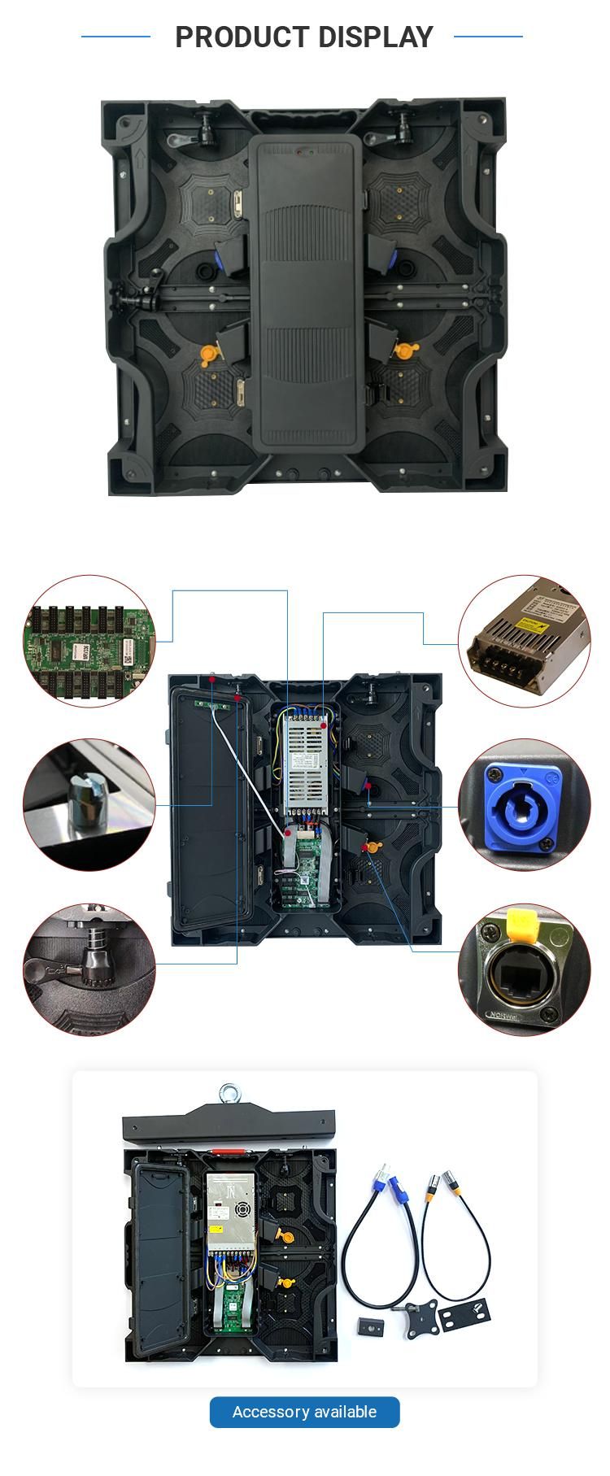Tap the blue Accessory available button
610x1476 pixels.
304,1412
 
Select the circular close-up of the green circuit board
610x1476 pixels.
89,642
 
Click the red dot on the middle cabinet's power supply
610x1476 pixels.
324,724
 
